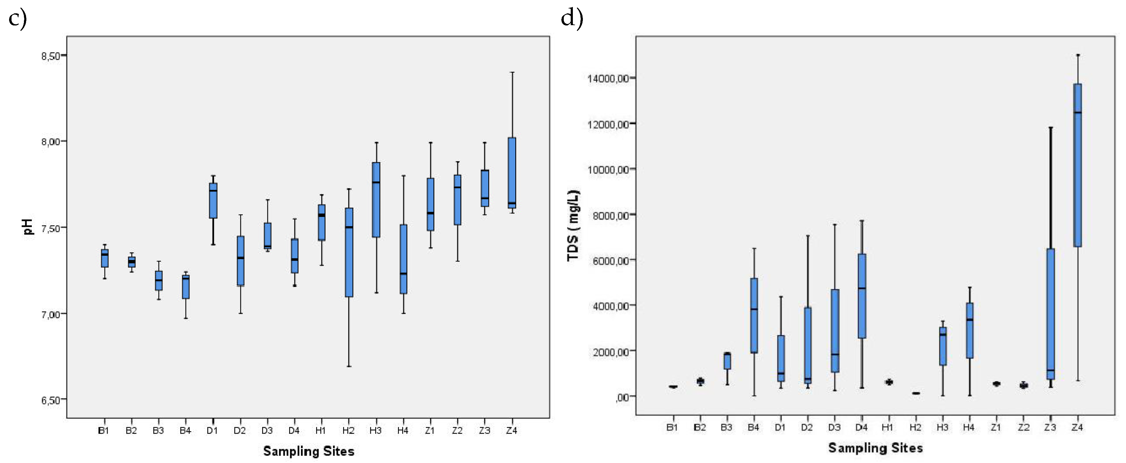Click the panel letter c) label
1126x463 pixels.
(x=18, y=18)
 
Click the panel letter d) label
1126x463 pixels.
(x=572, y=18)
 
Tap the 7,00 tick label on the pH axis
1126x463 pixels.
(x=51, y=315)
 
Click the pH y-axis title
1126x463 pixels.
(x=28, y=227)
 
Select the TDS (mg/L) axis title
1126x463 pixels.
(x=573, y=225)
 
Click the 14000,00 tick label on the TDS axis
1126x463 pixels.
(x=608, y=78)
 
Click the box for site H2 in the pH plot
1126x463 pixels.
(x=349, y=252)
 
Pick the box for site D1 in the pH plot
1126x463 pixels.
(x=213, y=201)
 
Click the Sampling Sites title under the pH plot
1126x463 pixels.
(x=309, y=451)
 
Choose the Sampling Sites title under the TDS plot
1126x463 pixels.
(x=876, y=448)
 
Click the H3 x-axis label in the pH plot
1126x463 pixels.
(x=376, y=431)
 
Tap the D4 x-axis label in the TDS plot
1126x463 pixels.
(x=861, y=427)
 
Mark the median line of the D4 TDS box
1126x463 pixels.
(x=861, y=288)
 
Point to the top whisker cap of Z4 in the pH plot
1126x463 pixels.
(x=512, y=72)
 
